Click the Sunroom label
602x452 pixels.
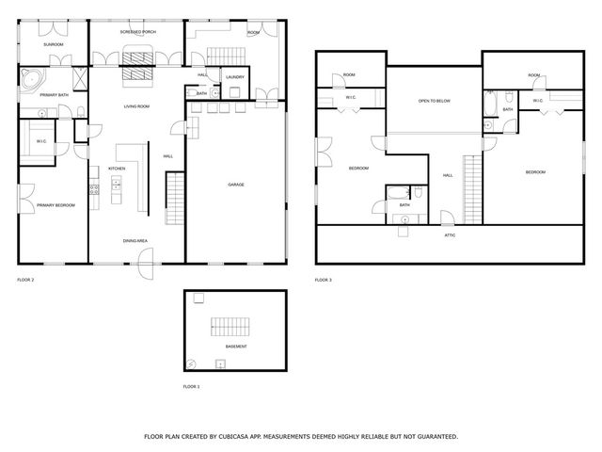point(53,44)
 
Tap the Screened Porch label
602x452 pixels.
point(137,32)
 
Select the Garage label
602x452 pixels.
point(236,185)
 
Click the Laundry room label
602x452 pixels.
point(235,76)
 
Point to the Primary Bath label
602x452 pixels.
point(53,95)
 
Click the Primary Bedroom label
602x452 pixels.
point(55,204)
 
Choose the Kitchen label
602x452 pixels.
point(117,169)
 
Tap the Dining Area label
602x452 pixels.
point(135,241)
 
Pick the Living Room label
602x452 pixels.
point(137,106)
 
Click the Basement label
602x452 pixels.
point(236,347)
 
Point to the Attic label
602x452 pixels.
point(450,234)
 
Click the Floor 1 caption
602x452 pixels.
point(191,387)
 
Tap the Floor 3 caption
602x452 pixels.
point(323,280)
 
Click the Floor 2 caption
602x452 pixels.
point(25,280)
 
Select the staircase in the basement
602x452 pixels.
point(230,329)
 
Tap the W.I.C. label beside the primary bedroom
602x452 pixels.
point(42,141)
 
